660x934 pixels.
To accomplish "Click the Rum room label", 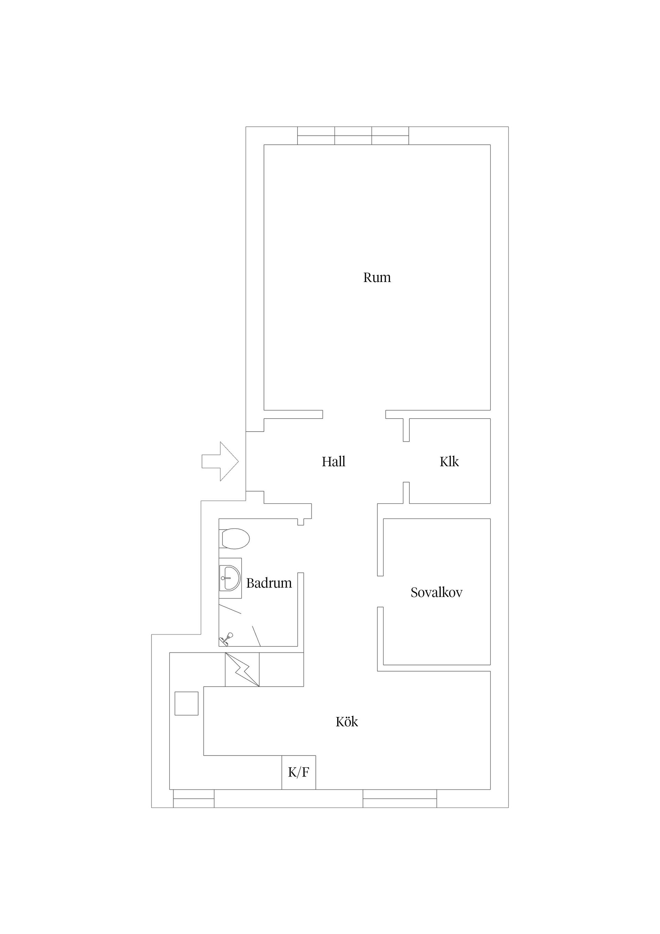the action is (x=377, y=278).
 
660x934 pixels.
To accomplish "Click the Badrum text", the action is (x=269, y=583).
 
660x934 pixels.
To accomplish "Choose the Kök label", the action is (x=347, y=722).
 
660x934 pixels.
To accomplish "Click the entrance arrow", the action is (x=220, y=461).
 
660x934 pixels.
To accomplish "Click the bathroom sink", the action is (x=230, y=578).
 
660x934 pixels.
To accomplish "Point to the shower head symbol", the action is (x=226, y=639).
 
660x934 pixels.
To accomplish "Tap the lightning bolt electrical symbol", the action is (x=242, y=670).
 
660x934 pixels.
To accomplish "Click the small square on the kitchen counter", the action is (x=186, y=703).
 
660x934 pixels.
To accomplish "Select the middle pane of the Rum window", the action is (x=353, y=135).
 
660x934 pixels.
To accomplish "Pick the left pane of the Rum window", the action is (x=316, y=135).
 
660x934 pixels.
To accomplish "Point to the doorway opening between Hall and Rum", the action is (x=354, y=414).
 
